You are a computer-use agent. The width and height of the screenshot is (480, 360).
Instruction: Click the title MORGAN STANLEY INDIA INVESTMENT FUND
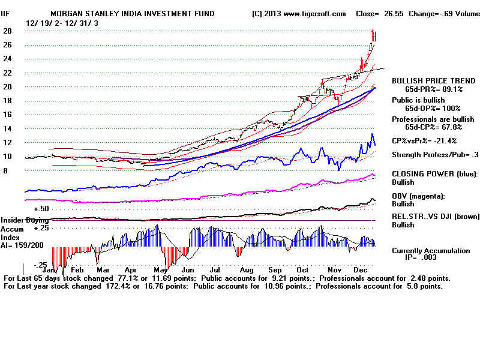click(x=132, y=13)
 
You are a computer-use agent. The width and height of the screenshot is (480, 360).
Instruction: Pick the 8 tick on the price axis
click(x=6, y=170)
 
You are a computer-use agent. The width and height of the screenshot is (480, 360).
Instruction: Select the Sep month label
click(x=275, y=270)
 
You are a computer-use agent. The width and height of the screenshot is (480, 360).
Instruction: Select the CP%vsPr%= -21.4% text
click(x=424, y=140)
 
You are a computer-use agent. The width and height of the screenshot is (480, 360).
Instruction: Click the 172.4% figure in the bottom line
click(x=117, y=287)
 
